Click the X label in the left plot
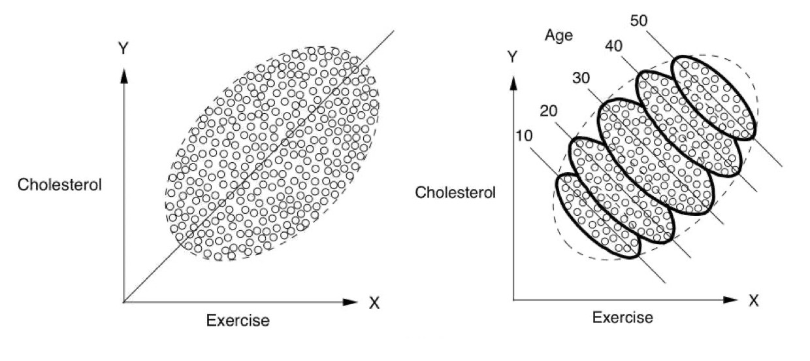click(374, 303)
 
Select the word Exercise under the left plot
click(238, 320)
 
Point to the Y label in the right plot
click(513, 58)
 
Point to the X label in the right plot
click(754, 301)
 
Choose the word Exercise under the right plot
click(622, 318)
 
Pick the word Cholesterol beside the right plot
click(455, 192)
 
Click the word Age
click(559, 35)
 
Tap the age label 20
click(549, 111)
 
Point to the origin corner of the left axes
click(123, 302)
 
